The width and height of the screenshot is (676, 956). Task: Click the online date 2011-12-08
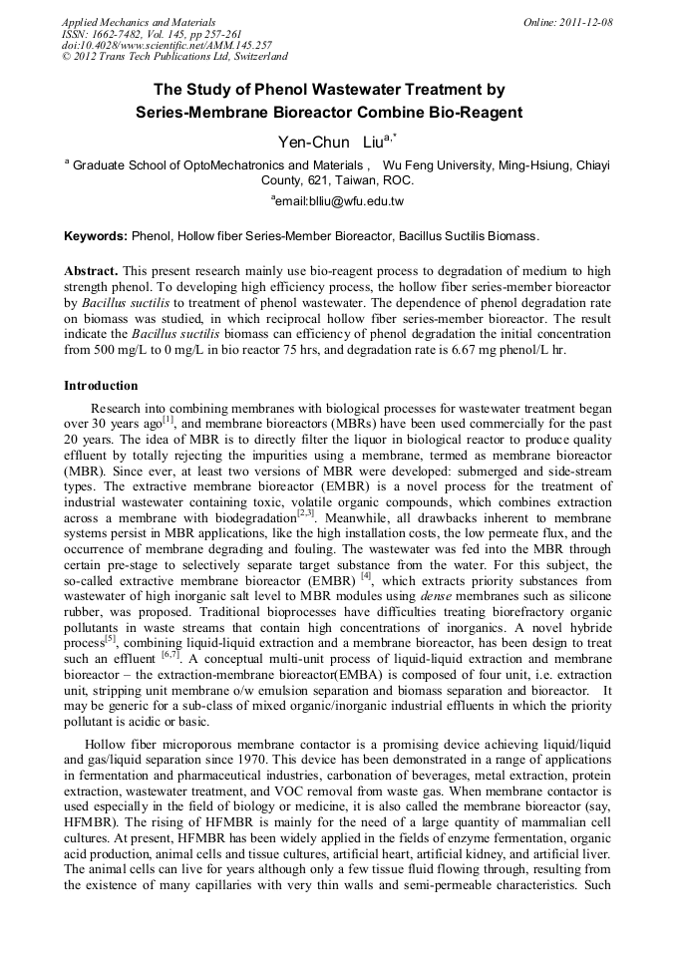(x=586, y=22)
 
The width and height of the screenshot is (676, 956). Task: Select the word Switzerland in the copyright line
(x=254, y=58)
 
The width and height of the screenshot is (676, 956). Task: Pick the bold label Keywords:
(x=96, y=236)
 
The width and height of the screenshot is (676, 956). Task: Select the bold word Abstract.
(x=90, y=270)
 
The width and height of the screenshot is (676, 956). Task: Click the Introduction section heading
(x=102, y=385)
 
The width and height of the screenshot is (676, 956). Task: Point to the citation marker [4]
(x=366, y=574)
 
